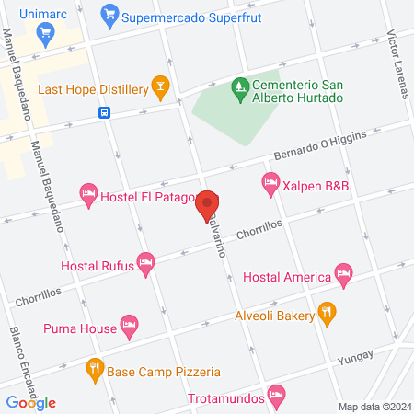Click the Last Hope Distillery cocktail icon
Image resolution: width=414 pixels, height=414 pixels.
point(160,88)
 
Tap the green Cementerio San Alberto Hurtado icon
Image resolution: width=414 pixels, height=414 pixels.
point(240,86)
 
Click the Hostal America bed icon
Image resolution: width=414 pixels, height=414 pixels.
point(343,273)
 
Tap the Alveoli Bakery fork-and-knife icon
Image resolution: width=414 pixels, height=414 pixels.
point(325,313)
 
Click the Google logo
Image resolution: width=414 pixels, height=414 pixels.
point(31,402)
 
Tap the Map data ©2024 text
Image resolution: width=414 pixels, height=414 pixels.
point(374,407)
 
